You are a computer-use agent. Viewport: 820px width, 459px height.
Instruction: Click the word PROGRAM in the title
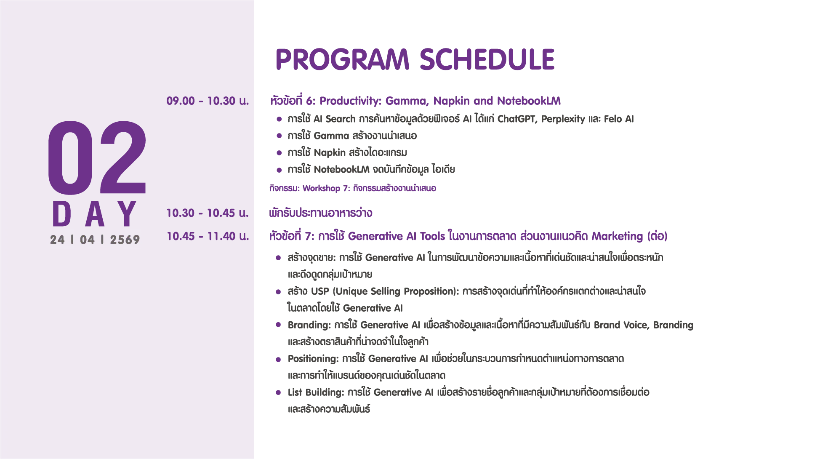pos(342,59)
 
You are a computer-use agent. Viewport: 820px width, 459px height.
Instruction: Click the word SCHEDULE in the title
pos(487,59)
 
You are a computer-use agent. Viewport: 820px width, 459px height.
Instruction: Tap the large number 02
pos(97,158)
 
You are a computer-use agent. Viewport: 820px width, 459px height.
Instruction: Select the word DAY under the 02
pos(94,214)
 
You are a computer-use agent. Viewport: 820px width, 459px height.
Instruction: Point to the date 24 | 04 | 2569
pos(95,240)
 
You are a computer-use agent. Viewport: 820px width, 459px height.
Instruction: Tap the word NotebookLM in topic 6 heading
pos(529,101)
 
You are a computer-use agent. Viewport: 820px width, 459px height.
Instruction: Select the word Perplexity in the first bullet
pos(563,119)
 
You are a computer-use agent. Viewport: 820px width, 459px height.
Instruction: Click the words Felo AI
pos(619,119)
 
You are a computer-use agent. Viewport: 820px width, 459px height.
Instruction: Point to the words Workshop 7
pos(326,188)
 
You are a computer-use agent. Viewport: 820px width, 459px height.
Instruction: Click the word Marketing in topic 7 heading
pos(617,236)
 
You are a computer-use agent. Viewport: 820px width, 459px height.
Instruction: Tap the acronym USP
pos(320,291)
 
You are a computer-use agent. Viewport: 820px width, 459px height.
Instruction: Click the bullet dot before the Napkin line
pos(279,153)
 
